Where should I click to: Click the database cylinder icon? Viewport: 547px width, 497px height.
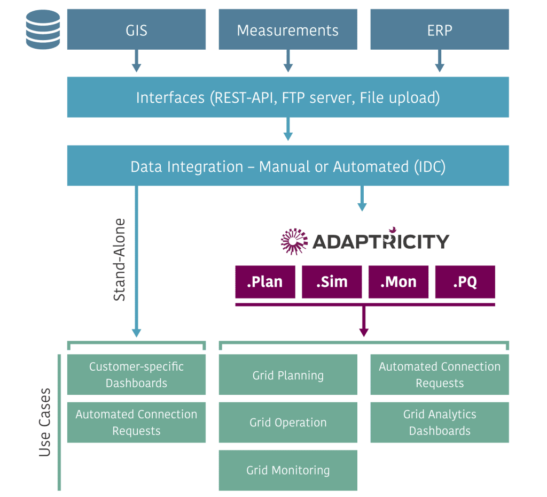point(43,29)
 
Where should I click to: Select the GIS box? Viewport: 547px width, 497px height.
point(136,29)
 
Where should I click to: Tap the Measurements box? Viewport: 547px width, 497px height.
point(288,29)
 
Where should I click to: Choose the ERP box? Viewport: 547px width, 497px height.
point(440,29)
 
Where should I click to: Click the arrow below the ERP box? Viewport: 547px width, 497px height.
point(440,61)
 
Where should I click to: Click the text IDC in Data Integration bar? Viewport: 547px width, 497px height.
point(430,166)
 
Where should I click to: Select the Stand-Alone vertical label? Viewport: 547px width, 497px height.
point(119,260)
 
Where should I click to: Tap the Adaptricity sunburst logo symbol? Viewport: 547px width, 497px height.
point(294,241)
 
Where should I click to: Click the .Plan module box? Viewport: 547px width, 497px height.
point(265,282)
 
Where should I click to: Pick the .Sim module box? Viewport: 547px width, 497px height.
point(332,282)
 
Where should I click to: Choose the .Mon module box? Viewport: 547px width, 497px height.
point(398,282)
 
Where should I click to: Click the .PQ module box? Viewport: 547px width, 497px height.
point(465,282)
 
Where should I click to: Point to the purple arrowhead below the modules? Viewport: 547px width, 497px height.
point(364,332)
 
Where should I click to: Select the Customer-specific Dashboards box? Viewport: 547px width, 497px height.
point(136,374)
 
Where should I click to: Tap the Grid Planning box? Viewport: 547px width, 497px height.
point(288,374)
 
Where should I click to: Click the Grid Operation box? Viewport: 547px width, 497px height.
point(288,422)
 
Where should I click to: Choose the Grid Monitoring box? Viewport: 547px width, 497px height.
point(288,470)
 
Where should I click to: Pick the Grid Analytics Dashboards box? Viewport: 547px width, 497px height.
point(440,422)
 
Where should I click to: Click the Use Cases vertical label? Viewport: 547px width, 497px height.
point(45,422)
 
